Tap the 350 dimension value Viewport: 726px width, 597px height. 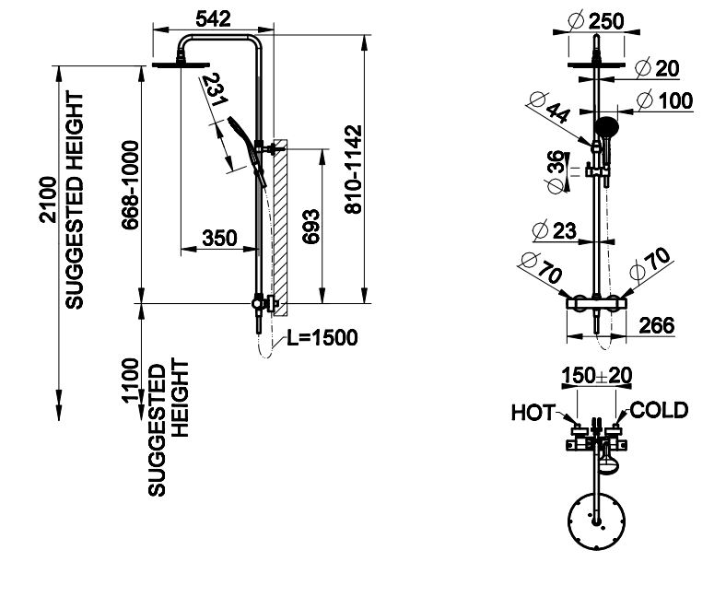click(219, 238)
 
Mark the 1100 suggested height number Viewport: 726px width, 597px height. click(131, 379)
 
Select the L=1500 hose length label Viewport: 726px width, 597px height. click(322, 337)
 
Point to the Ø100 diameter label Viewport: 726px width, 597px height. click(665, 100)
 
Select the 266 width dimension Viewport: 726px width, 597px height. click(656, 325)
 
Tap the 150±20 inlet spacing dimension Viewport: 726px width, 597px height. click(596, 377)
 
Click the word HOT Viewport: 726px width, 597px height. click(532, 412)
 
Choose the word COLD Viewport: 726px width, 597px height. click(659, 410)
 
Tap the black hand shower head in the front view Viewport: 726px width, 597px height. click(607, 127)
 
